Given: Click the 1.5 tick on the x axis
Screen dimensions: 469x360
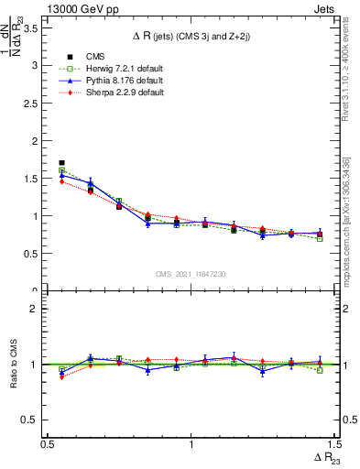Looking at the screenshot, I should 334,443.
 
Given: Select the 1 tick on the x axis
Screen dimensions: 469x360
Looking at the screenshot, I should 191,443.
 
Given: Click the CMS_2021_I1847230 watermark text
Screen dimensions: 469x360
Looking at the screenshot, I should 191,273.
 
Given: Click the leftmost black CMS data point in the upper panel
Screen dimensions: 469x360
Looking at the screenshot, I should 61,163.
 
